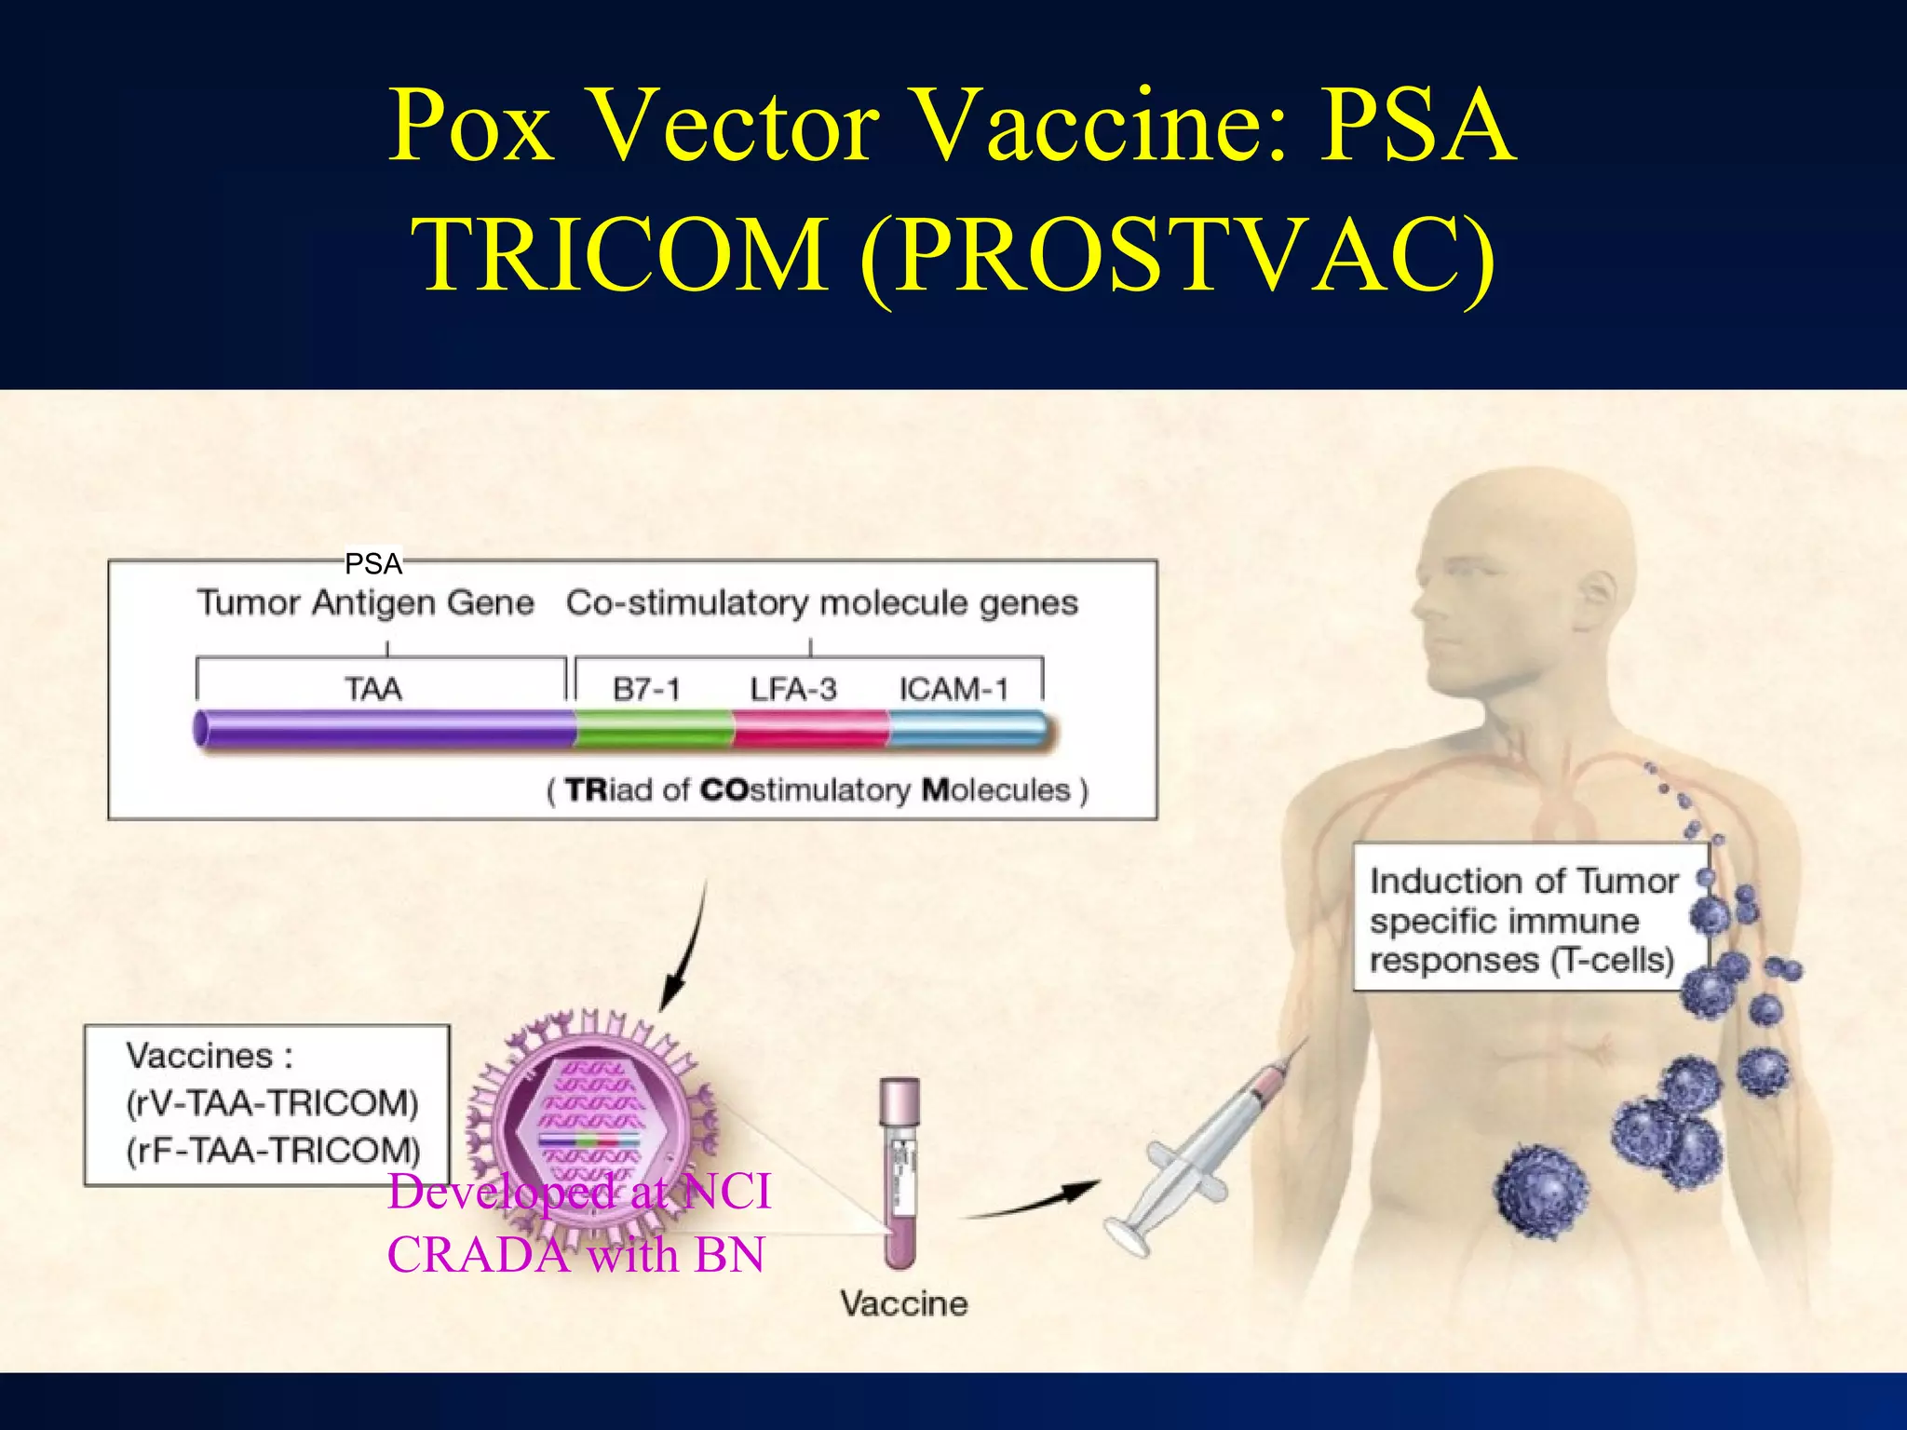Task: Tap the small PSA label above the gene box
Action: coord(372,563)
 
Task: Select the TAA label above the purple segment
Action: coord(373,689)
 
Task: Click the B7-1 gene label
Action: coord(646,689)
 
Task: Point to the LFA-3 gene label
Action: coord(793,689)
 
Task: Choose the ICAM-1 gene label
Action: coord(953,689)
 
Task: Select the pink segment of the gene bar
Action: coord(810,729)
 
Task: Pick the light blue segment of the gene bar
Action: coord(968,729)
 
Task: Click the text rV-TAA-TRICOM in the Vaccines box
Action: coord(273,1103)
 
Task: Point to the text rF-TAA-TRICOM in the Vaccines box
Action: coord(273,1151)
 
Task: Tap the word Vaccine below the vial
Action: coord(903,1303)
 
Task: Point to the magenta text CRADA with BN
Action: coord(575,1255)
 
